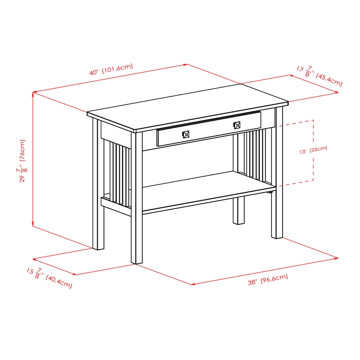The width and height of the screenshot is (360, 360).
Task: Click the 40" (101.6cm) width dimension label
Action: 111,70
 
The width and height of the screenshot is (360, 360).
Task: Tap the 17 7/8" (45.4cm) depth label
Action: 319,76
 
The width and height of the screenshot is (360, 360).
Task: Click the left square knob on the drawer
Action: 185,134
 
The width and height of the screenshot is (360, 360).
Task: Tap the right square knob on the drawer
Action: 237,125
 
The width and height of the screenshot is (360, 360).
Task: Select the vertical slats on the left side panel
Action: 118,173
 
